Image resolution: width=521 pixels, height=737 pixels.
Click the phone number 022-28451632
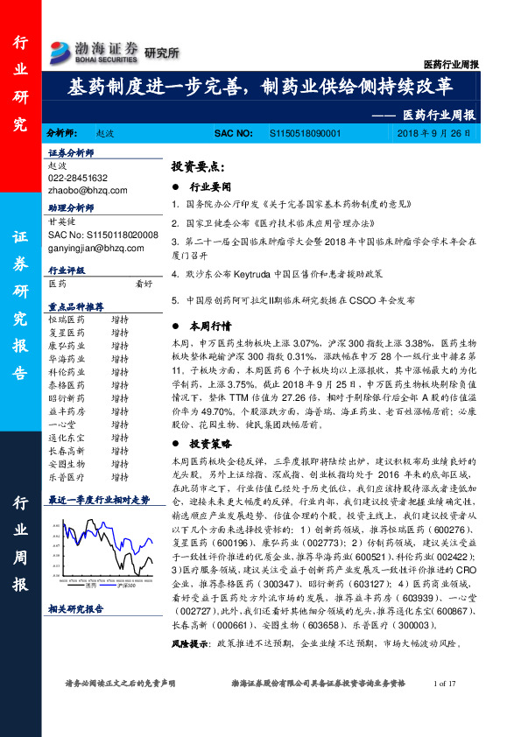pos(78,178)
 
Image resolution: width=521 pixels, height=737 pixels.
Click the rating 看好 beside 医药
pos(144,284)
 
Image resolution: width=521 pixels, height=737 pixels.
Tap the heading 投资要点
pos(198,165)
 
